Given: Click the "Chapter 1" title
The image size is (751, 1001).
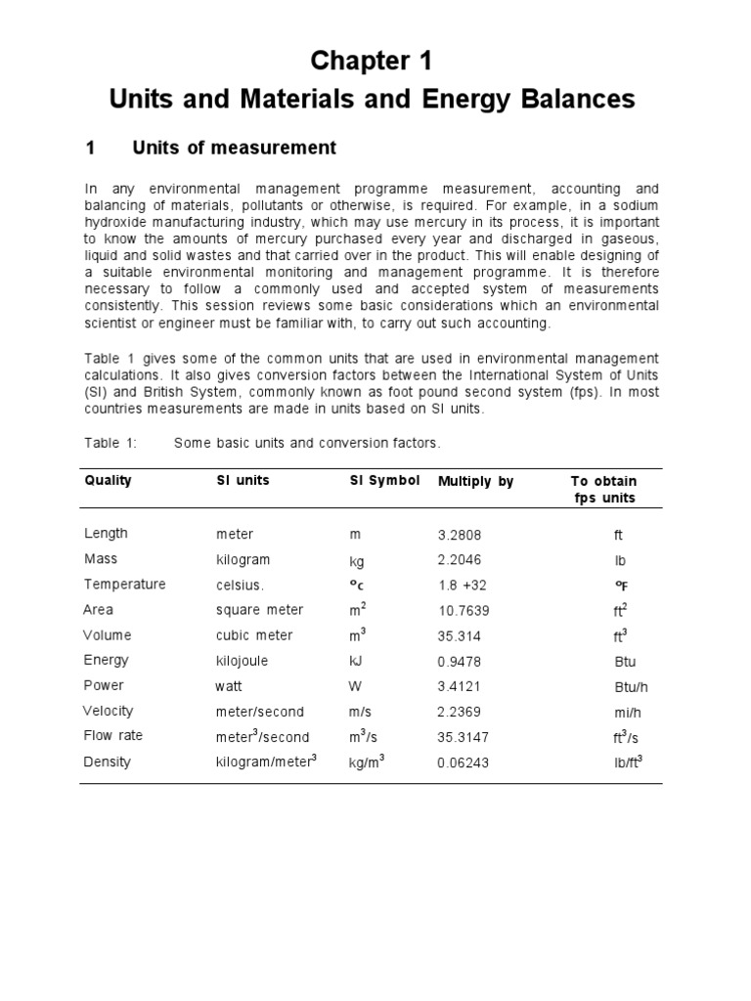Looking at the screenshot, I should (371, 61).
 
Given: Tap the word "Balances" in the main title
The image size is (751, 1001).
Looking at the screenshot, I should (582, 100).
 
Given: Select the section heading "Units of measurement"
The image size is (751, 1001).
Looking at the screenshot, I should (234, 149).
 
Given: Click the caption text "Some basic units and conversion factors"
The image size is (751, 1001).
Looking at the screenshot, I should (307, 443).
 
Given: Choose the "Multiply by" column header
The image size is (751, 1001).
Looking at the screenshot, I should (475, 482).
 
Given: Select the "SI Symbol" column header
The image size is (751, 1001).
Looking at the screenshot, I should (384, 481).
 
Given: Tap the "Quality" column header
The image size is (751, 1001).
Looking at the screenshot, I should (109, 481).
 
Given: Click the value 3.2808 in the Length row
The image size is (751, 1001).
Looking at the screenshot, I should (460, 535).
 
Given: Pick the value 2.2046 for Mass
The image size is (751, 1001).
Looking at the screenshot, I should (460, 560).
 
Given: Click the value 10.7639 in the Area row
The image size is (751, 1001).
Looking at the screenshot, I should (464, 611).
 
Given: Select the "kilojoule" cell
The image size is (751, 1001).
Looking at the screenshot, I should (242, 661).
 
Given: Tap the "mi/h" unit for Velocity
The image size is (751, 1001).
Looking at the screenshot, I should (618, 712).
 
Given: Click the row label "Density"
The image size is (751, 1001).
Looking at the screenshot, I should (107, 762).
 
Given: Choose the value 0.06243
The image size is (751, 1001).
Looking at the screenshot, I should (464, 762).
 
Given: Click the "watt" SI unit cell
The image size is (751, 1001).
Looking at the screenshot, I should (229, 686).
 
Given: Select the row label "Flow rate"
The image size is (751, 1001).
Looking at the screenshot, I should (113, 736).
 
